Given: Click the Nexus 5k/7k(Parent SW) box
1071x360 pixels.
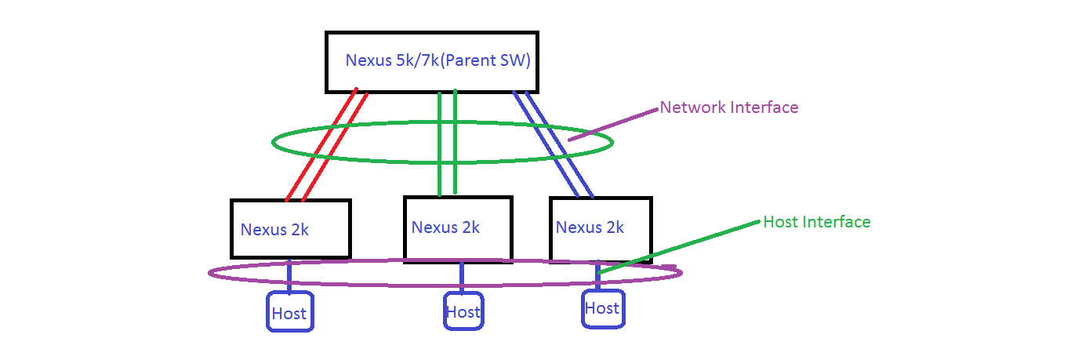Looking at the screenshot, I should click(x=432, y=62).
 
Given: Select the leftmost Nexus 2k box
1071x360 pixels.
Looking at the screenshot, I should click(x=290, y=228).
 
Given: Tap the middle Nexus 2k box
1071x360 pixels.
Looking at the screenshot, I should click(x=458, y=228).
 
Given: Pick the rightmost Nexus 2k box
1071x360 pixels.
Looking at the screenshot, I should click(x=601, y=228).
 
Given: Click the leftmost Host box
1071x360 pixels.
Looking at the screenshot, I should click(x=289, y=312).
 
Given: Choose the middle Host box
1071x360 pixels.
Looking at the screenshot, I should click(x=463, y=311).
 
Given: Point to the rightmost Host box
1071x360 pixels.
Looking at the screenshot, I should click(x=604, y=308).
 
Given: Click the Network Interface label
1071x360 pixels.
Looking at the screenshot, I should click(x=729, y=107).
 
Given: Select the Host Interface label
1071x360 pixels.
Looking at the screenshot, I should click(x=817, y=222).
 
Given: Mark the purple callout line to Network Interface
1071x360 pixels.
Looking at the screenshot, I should click(x=613, y=125).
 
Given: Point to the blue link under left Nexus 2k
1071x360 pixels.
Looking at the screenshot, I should click(x=289, y=277).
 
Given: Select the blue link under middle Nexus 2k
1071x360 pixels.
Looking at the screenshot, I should click(x=462, y=277).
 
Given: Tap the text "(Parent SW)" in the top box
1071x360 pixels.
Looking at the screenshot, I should click(x=486, y=61).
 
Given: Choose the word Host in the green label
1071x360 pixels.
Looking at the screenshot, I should click(x=780, y=222).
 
